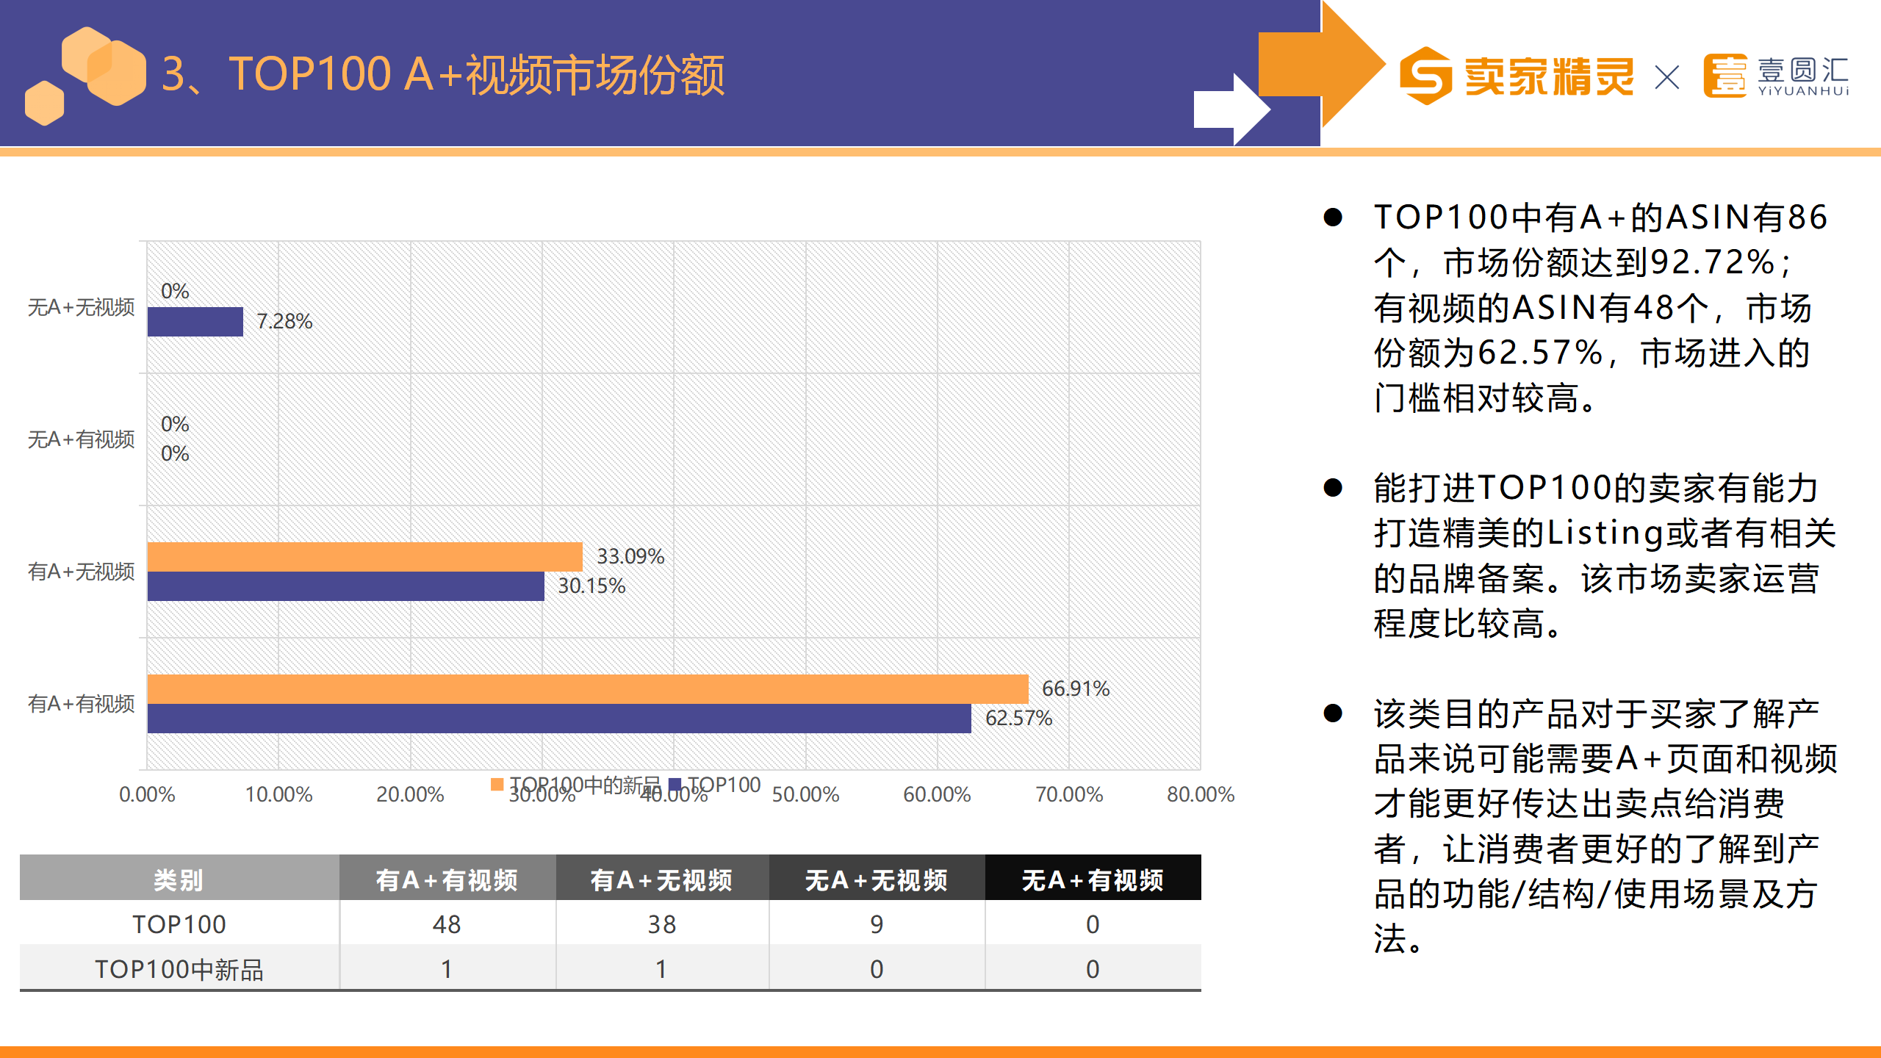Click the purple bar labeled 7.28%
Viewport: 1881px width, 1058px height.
195,322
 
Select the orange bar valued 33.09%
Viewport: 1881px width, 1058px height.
364,557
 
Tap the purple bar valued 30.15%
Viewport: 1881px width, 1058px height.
345,586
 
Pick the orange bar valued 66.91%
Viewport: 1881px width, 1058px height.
587,689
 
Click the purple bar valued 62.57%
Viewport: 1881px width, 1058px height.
558,719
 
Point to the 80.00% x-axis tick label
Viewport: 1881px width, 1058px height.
1200,794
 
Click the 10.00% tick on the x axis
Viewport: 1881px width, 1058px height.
278,794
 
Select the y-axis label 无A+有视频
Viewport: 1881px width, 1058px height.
81,439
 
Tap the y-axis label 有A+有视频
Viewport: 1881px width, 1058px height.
81,704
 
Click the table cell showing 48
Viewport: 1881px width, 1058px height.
447,924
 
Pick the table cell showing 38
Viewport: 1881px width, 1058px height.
661,924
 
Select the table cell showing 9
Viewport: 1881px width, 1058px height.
876,924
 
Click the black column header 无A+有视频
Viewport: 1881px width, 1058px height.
1093,879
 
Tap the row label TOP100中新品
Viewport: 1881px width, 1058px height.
179,970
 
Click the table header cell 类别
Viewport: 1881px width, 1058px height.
179,879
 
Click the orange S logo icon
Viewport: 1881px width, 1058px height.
1425,76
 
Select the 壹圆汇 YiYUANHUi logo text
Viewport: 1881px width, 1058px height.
1802,76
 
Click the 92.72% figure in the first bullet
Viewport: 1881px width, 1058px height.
1712,263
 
